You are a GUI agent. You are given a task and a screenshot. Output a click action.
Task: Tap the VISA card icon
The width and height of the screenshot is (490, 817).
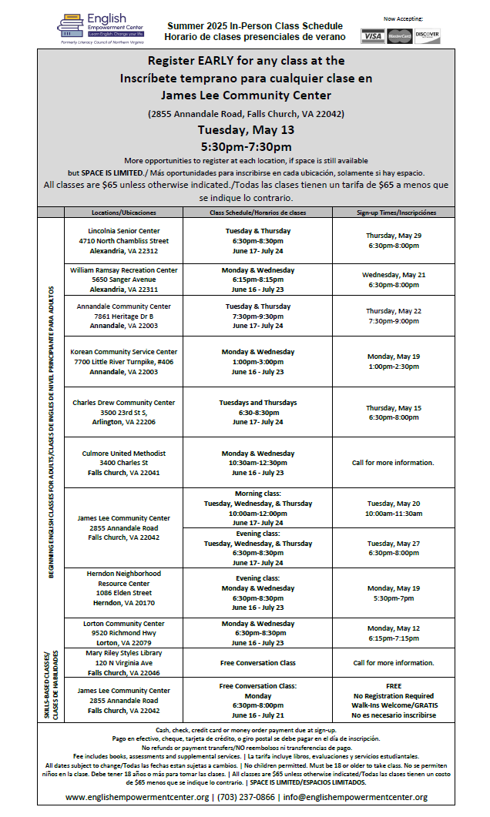coord(373,36)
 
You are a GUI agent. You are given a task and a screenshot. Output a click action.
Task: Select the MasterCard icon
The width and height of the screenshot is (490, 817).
coord(399,36)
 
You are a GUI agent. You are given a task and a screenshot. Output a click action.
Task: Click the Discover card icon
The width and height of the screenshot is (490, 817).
coord(426,36)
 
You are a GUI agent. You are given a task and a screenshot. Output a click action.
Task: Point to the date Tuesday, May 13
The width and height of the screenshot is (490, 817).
coord(245,129)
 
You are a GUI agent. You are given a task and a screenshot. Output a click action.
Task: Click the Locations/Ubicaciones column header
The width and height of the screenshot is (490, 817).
coord(123,212)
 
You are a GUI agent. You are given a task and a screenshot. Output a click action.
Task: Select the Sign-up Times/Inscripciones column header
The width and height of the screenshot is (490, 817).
coord(396,212)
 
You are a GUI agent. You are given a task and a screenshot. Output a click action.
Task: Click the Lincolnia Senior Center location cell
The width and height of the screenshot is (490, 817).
coord(123,240)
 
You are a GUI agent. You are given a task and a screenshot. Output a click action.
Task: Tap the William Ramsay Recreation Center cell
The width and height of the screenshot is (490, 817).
coord(123,280)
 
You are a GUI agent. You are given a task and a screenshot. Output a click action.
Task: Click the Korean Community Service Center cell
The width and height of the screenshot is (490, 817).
coord(123,361)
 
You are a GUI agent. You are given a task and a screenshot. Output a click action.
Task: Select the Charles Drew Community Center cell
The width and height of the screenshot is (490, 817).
coord(123,412)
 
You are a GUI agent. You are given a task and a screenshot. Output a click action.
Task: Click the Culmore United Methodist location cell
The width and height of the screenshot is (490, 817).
coord(123,463)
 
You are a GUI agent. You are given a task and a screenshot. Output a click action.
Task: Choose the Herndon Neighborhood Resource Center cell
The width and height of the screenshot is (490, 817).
coord(123,593)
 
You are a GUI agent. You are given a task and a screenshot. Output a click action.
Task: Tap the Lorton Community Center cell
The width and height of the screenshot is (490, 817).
coord(123,633)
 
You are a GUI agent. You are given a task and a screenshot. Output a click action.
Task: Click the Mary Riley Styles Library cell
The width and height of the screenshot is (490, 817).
coord(123,662)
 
